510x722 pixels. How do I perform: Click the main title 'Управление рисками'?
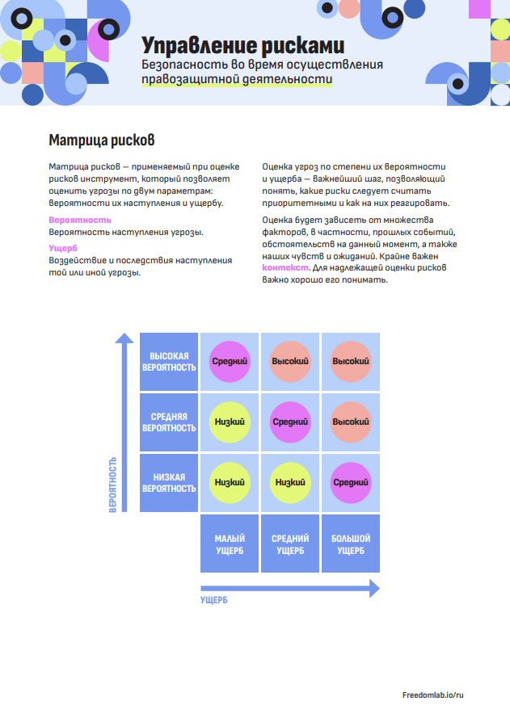242,45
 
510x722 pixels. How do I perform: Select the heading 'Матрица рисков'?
101,140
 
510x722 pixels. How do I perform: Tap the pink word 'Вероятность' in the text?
80,220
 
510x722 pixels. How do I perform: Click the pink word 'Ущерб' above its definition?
63,248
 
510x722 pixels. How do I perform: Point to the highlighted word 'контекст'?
285,267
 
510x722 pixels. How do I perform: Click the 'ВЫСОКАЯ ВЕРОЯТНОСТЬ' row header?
169,362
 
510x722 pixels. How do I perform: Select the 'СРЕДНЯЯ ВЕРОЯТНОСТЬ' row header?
169,422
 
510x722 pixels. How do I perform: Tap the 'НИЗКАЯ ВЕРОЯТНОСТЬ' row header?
169,483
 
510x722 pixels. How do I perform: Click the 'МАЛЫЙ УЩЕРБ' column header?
230,544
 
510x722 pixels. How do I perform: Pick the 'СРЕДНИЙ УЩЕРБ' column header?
290,544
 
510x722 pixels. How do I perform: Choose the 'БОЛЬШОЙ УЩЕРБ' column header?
351,544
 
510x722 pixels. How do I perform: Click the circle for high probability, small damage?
230,362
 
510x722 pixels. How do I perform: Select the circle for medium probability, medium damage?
290,422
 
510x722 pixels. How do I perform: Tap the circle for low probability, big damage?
351,483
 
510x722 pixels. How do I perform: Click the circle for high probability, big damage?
351,362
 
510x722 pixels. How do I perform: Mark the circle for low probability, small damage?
230,483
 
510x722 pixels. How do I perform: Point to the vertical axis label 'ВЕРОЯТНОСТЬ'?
113,485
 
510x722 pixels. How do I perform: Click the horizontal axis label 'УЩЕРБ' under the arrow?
213,600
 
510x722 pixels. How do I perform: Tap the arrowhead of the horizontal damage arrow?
375,589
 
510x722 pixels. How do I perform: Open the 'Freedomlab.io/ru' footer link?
433,695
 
